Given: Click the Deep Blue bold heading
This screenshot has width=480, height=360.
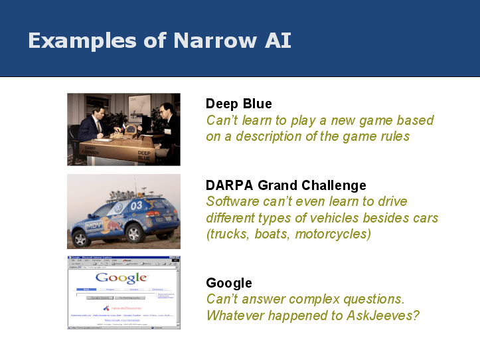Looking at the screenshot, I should (x=238, y=104).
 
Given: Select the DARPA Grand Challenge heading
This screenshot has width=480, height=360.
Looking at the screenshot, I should (x=285, y=185).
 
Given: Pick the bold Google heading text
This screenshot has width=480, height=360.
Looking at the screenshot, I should (x=228, y=284).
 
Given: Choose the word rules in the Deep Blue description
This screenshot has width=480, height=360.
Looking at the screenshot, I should (x=392, y=136).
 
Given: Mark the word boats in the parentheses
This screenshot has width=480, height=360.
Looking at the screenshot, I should (x=274, y=234).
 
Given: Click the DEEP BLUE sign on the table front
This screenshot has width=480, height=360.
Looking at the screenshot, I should (x=144, y=155).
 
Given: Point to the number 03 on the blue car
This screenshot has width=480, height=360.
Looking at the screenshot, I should (x=135, y=205).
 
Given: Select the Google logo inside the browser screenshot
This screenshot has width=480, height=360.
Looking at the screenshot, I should (x=122, y=278).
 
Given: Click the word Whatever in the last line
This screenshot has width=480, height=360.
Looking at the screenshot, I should (x=234, y=315).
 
